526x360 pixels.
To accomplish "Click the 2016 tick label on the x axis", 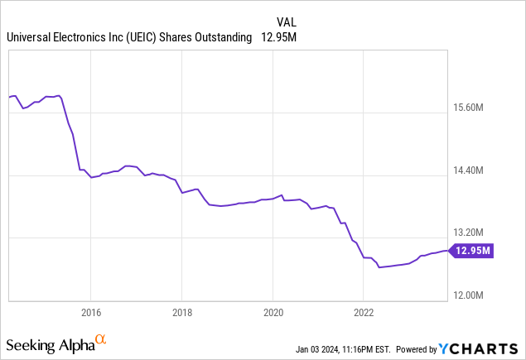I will coord(90,313).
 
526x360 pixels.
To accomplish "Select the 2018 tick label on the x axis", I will coord(182,313).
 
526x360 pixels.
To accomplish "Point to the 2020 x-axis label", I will coord(273,313).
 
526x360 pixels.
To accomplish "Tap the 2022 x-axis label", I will coord(364,313).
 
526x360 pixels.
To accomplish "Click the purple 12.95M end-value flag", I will coord(472,250).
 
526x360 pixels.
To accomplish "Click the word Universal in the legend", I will coord(31,37).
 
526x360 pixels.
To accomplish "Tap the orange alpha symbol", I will coord(101,339).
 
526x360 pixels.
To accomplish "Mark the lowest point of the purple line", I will coord(379,267).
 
